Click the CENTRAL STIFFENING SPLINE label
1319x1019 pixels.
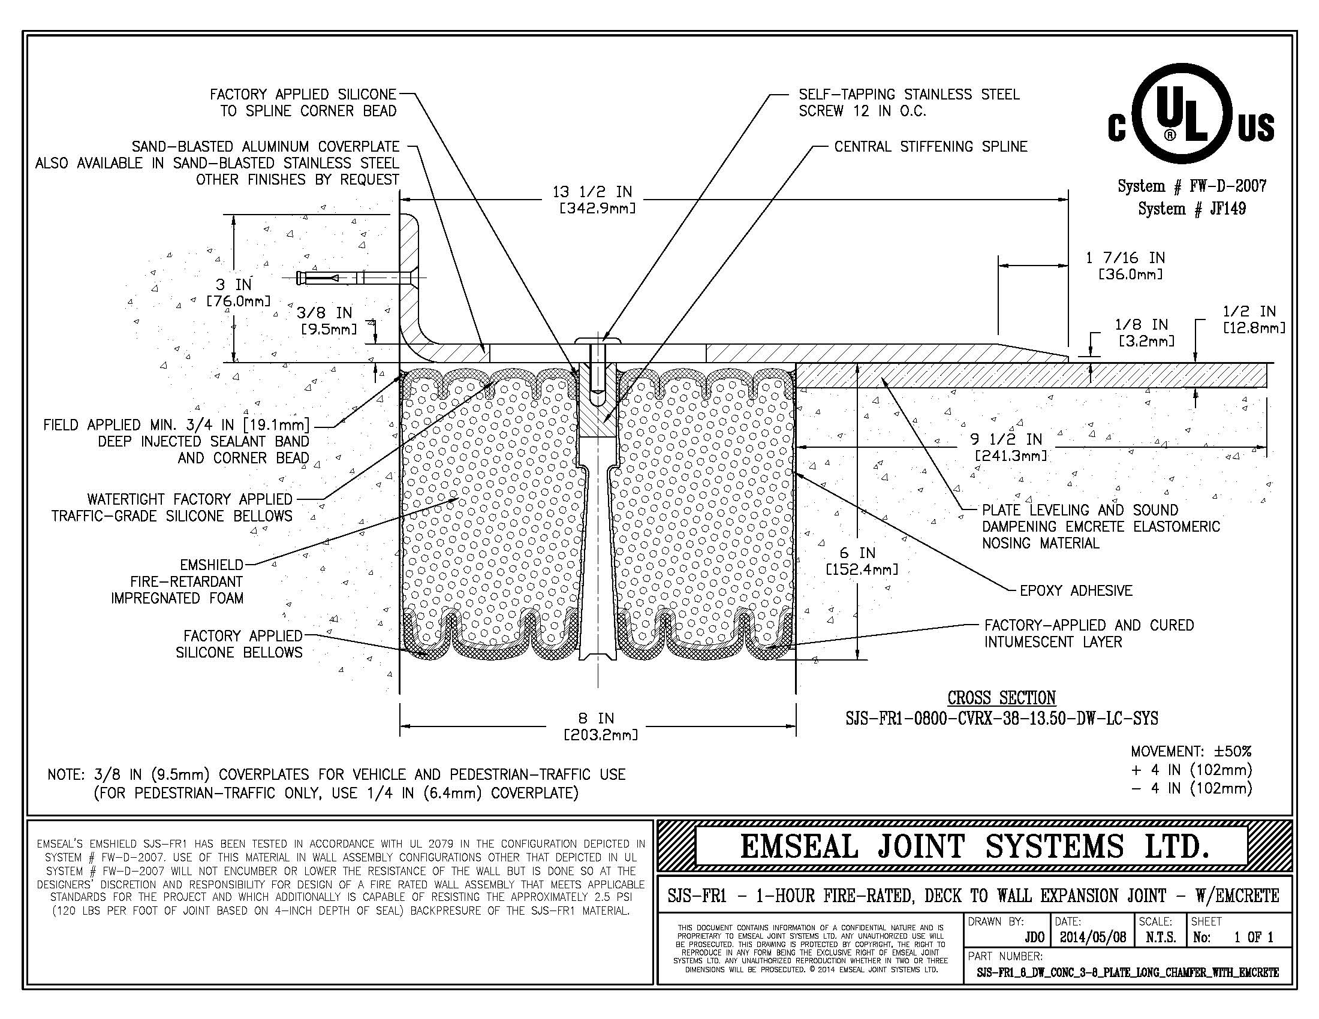pos(930,147)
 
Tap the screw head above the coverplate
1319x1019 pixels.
pos(598,342)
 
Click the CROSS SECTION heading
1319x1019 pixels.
pos(1001,698)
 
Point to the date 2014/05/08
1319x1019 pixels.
pos(1092,937)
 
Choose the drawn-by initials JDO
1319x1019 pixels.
pos(1035,937)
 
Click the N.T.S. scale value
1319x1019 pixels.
pos(1161,937)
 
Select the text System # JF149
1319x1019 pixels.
pos(1191,209)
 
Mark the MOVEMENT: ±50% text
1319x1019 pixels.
pos(1191,752)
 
